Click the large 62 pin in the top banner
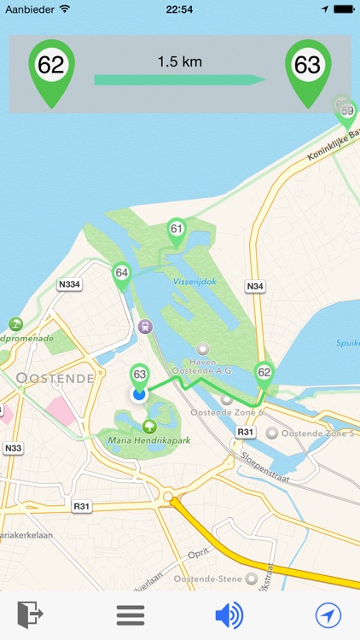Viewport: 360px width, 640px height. pos(51,66)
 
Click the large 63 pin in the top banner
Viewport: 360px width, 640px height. pos(307,66)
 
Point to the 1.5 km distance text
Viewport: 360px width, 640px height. pos(179,61)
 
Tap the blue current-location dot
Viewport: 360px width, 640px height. pos(139,394)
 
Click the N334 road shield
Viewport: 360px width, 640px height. pos(69,284)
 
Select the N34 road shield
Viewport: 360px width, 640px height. pos(253,286)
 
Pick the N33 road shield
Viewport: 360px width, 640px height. pos(13,447)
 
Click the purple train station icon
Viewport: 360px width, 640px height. pos(146,326)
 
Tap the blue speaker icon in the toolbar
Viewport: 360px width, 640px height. pos(229,614)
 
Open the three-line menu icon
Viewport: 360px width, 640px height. pos(131,614)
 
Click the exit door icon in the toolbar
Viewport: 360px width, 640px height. pos(30,614)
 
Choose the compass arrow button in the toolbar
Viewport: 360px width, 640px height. pos(328,614)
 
